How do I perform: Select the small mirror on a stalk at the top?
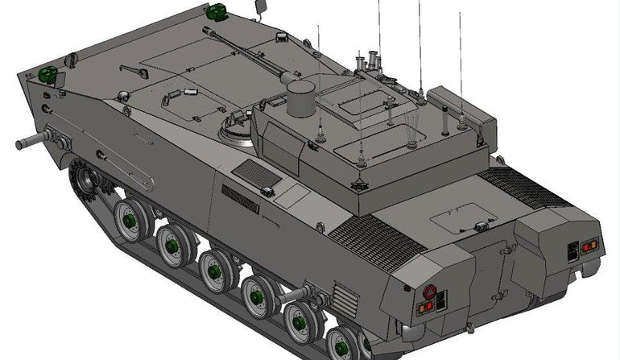click(261, 7)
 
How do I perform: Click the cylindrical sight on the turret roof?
click(300, 97)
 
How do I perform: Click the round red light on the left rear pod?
click(428, 292)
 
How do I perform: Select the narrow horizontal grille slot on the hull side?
click(240, 195)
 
